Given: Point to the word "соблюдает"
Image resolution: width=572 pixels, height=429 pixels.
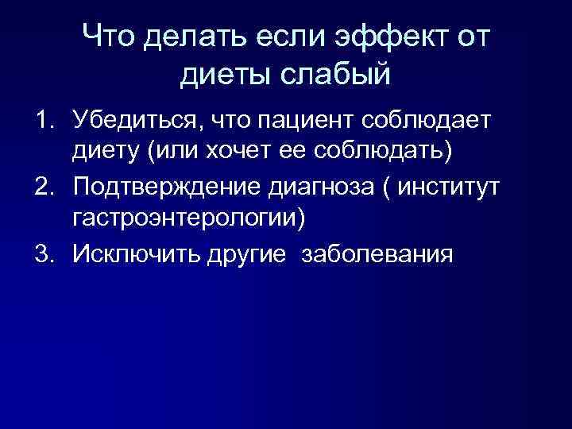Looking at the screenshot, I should (429, 119).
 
